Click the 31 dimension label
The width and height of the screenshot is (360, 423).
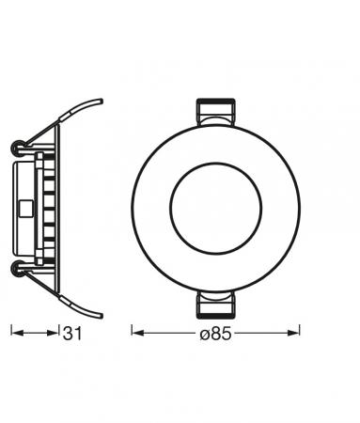point(73,332)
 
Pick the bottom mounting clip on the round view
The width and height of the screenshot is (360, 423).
point(215,303)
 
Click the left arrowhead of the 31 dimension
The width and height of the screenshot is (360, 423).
point(14,332)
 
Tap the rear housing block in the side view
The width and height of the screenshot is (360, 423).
point(26,207)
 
